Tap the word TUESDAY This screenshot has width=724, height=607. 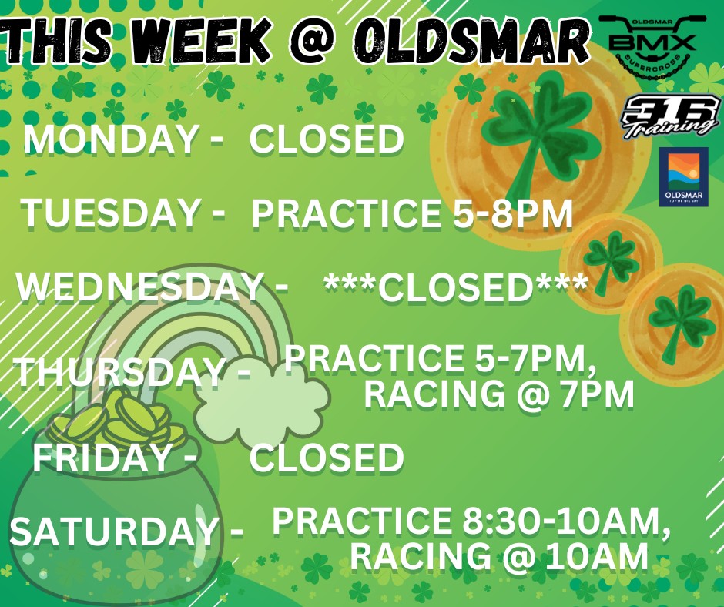(109, 213)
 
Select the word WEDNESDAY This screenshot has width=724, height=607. (139, 287)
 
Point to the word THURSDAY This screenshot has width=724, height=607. (119, 373)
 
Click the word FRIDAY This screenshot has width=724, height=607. (101, 458)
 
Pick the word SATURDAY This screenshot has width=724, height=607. (113, 532)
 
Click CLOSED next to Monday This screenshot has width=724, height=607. (327, 140)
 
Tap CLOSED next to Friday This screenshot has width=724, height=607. (327, 458)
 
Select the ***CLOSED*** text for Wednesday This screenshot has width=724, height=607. (456, 287)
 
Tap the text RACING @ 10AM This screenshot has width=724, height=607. (498, 557)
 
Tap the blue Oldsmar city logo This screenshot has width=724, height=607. (683, 178)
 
